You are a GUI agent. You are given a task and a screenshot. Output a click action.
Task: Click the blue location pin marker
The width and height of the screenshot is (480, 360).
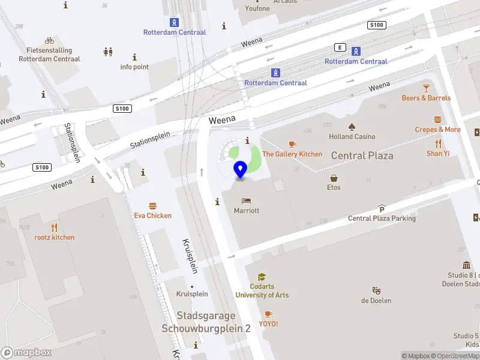click(x=241, y=170)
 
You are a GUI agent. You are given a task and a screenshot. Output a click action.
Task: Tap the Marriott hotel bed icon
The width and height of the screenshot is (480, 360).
click(x=247, y=200)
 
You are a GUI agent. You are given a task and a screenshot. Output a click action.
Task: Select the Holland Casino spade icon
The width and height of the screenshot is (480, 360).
click(x=352, y=127)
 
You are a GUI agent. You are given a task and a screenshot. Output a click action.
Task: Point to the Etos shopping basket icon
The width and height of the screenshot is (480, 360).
click(x=334, y=178)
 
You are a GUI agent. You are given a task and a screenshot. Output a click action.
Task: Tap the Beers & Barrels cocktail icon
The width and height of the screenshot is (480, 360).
click(x=426, y=88)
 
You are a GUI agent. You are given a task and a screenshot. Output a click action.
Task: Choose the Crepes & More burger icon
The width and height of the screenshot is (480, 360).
click(x=437, y=119)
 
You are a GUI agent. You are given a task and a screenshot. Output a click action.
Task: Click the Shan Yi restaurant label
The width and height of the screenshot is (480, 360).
click(x=438, y=154)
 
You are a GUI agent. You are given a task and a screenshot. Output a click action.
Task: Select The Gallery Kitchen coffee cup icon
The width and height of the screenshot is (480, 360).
click(x=292, y=144)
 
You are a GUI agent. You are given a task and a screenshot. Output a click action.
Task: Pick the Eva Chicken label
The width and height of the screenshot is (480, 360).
click(x=152, y=215)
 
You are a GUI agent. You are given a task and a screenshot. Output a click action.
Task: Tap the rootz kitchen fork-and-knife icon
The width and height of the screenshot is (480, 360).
click(x=55, y=227)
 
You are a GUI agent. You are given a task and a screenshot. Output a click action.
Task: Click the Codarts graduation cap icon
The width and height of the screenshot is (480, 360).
click(x=262, y=277)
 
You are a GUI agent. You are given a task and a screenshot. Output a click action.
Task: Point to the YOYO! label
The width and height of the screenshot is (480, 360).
click(x=268, y=324)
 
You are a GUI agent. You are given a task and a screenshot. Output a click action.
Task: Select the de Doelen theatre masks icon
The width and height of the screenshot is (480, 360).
click(x=376, y=290)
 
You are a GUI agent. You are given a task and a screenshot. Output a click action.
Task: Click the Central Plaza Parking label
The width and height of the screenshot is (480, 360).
click(x=382, y=218)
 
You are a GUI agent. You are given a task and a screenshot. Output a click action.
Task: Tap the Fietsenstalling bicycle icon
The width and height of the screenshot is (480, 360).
click(x=49, y=41)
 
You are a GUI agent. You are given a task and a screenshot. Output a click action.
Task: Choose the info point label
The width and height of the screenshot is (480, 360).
click(x=134, y=67)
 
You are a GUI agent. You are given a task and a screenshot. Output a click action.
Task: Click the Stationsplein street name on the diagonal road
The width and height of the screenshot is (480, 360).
click(x=151, y=141)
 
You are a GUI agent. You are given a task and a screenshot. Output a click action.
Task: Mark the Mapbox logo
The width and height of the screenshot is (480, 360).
click(x=26, y=353)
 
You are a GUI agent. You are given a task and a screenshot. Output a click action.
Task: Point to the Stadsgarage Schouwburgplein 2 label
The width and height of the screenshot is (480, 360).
click(x=206, y=322)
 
